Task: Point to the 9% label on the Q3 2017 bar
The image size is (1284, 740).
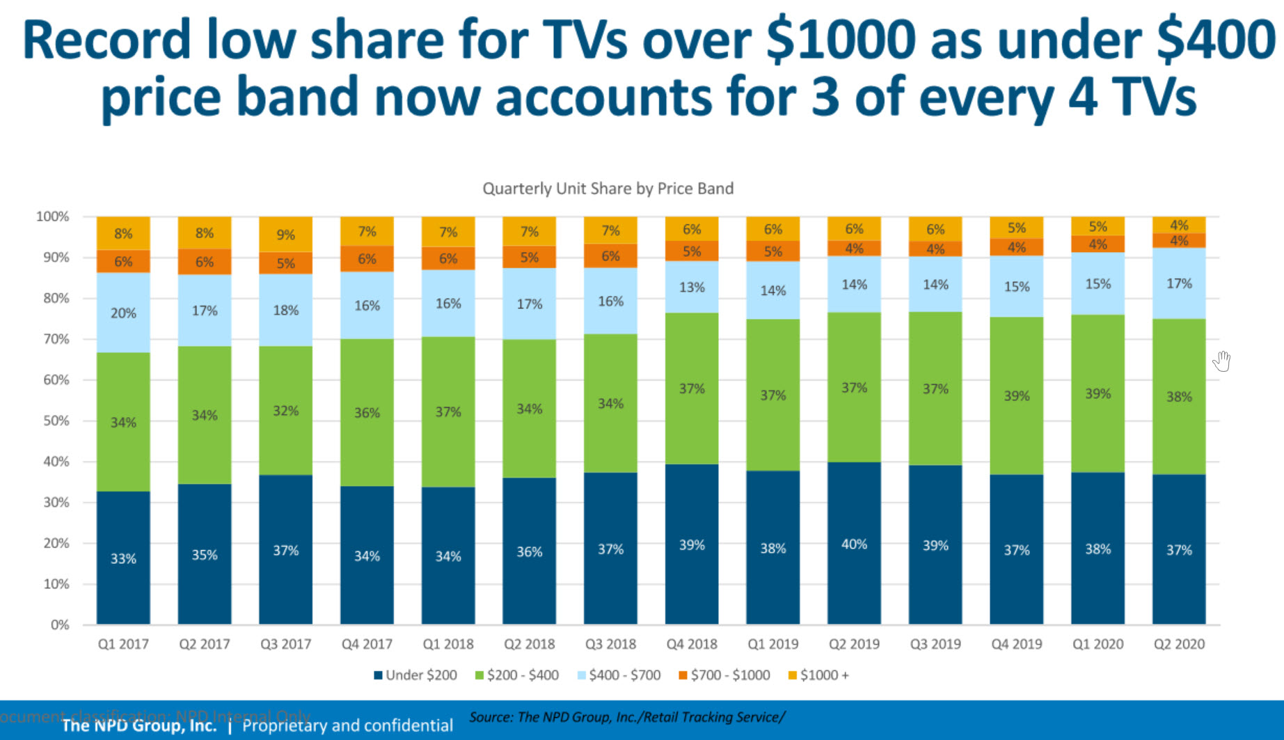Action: click(x=285, y=235)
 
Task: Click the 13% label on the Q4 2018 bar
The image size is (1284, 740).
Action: click(x=692, y=287)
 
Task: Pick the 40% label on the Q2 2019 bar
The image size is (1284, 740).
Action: click(x=854, y=544)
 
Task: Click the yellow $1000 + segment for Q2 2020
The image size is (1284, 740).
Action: click(x=1179, y=225)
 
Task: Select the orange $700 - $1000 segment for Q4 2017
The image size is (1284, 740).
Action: click(x=367, y=259)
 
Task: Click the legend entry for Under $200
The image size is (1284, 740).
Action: click(x=415, y=675)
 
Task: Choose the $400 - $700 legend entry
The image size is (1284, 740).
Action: click(x=619, y=675)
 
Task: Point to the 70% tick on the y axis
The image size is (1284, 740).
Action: click(x=52, y=339)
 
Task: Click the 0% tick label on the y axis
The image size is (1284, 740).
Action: click(x=60, y=624)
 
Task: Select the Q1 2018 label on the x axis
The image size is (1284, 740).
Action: click(x=448, y=644)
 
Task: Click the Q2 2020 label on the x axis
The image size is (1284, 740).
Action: click(x=1179, y=644)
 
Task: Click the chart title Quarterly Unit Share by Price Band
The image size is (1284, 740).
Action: click(x=608, y=189)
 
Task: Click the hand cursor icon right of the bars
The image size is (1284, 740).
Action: click(x=1222, y=361)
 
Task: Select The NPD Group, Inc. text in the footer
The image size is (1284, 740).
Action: click(x=139, y=725)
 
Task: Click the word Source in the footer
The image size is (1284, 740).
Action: click(x=490, y=717)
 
